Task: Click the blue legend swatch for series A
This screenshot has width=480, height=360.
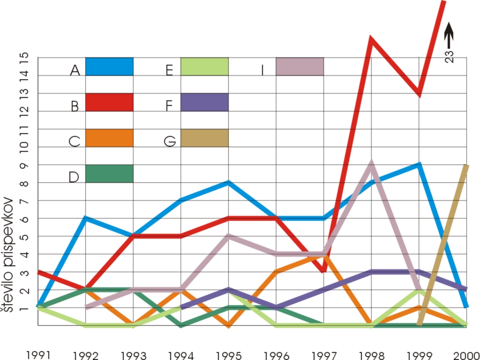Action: [109, 67]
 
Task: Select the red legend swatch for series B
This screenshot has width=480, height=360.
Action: [109, 102]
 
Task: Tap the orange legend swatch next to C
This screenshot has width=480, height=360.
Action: [109, 138]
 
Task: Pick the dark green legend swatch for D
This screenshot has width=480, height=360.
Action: [109, 173]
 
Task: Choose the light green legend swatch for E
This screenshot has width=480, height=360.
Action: [204, 67]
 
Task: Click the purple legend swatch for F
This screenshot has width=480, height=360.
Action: [204, 102]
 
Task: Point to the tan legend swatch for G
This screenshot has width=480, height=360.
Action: [204, 138]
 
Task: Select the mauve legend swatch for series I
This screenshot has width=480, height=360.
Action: [300, 67]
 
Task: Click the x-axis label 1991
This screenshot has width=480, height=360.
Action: [38, 353]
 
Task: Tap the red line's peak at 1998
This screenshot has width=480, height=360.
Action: [371, 38]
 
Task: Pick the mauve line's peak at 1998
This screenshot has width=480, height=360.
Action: [371, 163]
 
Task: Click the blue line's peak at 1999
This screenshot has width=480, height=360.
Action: [419, 165]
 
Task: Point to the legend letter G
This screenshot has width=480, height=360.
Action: [170, 141]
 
